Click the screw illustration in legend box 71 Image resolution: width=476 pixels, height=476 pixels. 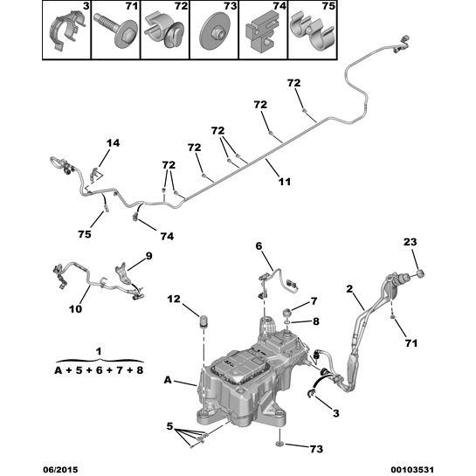(114, 30)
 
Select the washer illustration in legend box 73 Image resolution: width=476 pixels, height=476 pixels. (214, 31)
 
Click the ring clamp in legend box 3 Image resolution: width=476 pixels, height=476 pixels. (66, 31)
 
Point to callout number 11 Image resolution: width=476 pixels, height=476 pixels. (285, 182)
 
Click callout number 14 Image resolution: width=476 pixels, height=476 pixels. (113, 142)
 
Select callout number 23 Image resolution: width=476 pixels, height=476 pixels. (410, 242)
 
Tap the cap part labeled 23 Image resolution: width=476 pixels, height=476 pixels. (420, 273)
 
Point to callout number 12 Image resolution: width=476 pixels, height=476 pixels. (174, 300)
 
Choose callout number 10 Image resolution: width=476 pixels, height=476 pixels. (75, 309)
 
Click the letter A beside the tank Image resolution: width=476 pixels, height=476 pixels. (168, 380)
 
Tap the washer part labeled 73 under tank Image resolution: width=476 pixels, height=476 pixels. (279, 445)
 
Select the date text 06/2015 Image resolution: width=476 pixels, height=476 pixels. (60, 470)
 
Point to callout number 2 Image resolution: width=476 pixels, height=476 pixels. (349, 289)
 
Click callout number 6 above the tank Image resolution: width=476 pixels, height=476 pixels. (259, 246)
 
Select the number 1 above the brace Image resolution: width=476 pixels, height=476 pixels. (99, 351)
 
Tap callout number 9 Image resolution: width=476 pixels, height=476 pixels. (148, 256)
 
